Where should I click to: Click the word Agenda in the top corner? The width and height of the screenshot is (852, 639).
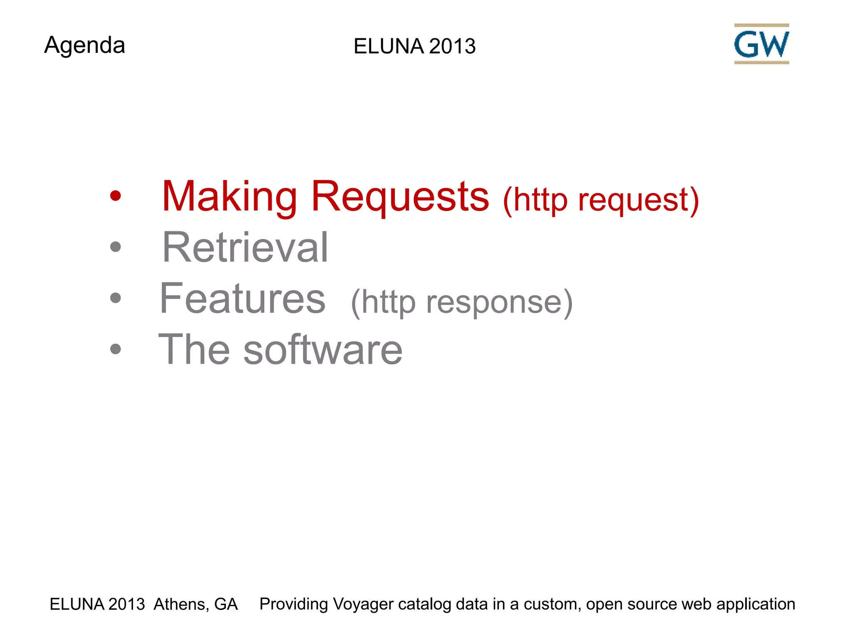tap(84, 45)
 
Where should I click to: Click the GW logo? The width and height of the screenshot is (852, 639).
tap(761, 44)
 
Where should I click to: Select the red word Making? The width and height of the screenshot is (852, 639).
tap(229, 196)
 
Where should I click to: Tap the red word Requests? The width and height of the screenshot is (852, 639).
tap(400, 196)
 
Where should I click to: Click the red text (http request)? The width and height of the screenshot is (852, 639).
tap(601, 200)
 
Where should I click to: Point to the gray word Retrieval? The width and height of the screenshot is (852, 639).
tap(245, 248)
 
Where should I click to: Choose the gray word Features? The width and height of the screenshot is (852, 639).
tap(243, 298)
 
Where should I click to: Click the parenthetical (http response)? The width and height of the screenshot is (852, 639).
tap(462, 302)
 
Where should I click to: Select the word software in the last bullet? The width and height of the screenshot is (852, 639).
tap(323, 350)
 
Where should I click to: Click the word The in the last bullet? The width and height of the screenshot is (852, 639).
tap(194, 350)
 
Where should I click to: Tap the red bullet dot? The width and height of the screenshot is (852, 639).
tap(115, 196)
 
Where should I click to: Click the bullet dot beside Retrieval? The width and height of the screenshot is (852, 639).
tap(115, 247)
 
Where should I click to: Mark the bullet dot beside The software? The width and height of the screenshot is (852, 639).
tap(115, 349)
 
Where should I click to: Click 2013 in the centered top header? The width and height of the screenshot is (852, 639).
tap(452, 46)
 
